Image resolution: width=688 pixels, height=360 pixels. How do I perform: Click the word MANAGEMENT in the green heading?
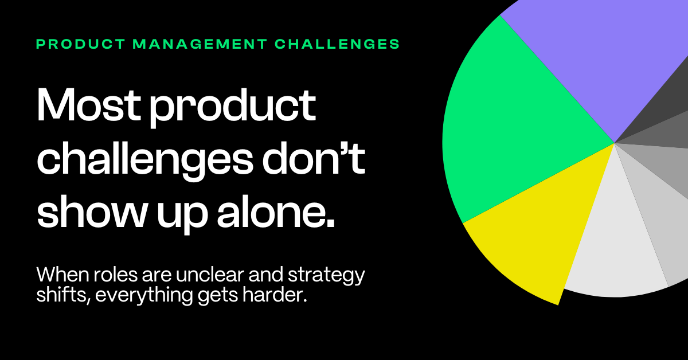(x=200, y=44)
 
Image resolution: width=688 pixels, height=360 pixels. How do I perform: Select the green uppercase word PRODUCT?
(x=81, y=44)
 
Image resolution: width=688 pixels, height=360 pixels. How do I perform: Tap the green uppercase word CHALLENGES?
(x=337, y=44)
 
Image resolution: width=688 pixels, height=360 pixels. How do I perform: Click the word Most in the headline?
(x=89, y=105)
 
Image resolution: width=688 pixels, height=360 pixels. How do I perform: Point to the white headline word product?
(x=233, y=108)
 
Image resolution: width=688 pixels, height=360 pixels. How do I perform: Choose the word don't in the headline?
(x=314, y=159)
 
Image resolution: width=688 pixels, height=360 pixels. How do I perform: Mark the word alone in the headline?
(x=276, y=212)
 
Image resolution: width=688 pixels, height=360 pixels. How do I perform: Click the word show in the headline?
(x=91, y=212)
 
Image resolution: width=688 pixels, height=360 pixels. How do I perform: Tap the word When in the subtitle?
(x=63, y=275)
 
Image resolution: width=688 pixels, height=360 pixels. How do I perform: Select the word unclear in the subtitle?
(x=210, y=275)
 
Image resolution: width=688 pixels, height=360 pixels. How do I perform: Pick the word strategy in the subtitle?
(x=326, y=276)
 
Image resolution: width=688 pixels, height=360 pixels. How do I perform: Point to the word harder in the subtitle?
(x=275, y=295)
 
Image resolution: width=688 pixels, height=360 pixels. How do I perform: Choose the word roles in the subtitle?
(x=115, y=275)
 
